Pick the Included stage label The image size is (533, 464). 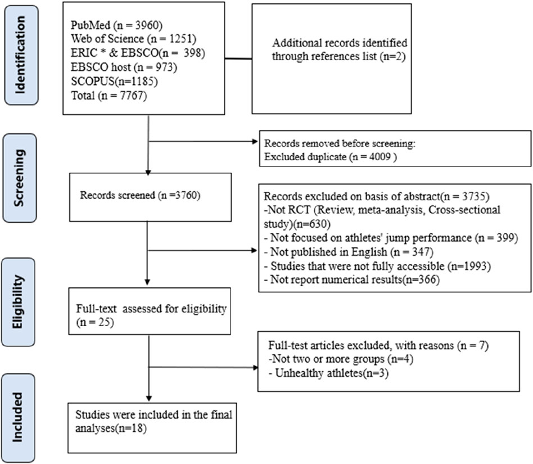tap(20, 403)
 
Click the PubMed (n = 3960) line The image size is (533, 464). tap(110, 26)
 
